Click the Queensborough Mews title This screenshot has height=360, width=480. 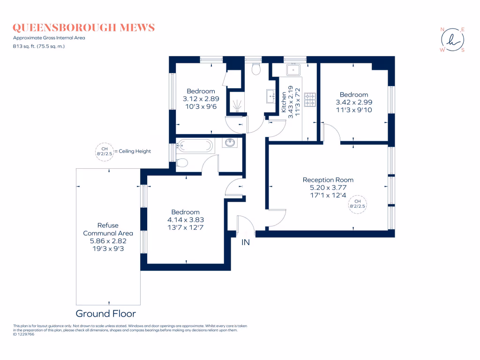(x=84, y=28)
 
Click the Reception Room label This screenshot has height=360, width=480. (x=328, y=180)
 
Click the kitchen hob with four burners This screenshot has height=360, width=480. (x=310, y=99)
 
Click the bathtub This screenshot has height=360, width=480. (x=195, y=146)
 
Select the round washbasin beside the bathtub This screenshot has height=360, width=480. (x=230, y=142)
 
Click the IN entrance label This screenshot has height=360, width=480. (x=246, y=242)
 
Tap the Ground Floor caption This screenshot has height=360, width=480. (x=106, y=314)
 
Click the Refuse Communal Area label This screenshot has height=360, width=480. (x=108, y=229)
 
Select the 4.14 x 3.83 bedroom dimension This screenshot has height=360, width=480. (x=185, y=219)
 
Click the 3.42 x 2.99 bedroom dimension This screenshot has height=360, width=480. (x=354, y=102)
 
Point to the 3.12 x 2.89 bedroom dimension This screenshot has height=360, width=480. (x=201, y=98)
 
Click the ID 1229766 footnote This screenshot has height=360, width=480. (x=24, y=334)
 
